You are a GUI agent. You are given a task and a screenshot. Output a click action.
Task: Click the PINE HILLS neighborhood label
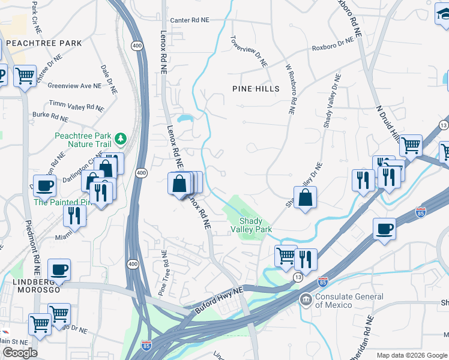click(256, 89)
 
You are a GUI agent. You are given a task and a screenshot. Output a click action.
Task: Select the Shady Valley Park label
click(252, 225)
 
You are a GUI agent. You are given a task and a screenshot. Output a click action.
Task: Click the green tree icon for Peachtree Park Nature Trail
click(121, 139)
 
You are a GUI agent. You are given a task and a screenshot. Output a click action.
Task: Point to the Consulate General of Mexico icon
click(306, 299)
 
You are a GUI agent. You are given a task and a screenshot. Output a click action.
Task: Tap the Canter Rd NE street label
click(190, 20)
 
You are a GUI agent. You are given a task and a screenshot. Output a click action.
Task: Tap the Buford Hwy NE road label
click(220, 300)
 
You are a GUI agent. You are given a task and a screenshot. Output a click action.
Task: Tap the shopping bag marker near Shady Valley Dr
click(306, 197)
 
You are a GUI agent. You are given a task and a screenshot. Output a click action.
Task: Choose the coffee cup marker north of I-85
click(384, 229)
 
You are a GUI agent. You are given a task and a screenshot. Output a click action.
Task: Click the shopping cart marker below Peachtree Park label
click(25, 76)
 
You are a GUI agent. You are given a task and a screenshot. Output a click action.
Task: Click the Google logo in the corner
click(20, 353)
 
